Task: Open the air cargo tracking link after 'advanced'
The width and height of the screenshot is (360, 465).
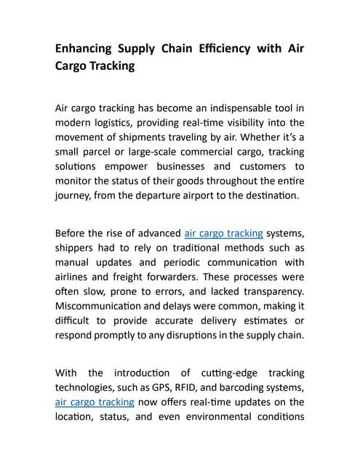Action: pyautogui.click(x=224, y=233)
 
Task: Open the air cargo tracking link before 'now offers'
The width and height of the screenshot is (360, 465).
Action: pyautogui.click(x=95, y=401)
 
